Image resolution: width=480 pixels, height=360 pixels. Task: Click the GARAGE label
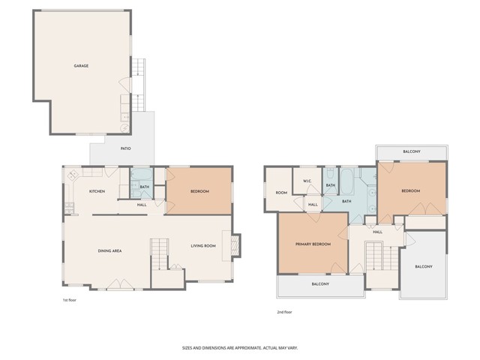[81, 66]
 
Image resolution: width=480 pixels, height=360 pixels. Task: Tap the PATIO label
[126, 148]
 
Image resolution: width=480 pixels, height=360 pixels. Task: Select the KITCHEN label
[97, 192]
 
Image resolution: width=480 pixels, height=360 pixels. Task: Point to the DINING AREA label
[110, 250]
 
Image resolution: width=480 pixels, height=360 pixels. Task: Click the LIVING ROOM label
[202, 246]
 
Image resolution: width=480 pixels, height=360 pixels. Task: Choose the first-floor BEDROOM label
[199, 192]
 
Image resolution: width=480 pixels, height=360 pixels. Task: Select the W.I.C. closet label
[307, 181]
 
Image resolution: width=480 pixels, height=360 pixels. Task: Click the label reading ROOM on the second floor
[280, 193]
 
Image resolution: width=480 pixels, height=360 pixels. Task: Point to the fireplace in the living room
[235, 245]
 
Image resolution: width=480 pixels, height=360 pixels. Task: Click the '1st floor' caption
[70, 301]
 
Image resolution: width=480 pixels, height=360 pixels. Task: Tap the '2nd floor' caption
[285, 310]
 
